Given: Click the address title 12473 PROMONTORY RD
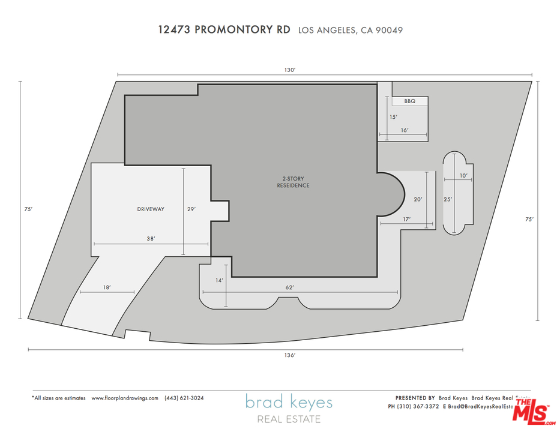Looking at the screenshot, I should point(224,29).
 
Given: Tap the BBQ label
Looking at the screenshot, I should point(409,101).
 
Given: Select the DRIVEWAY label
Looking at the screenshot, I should point(150,209).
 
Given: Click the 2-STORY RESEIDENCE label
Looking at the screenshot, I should point(292,182).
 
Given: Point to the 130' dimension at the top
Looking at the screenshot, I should point(290,70).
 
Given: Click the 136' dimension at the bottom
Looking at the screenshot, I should point(290,355).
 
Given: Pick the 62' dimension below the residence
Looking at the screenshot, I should point(289,287).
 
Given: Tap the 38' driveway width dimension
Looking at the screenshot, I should point(151,239).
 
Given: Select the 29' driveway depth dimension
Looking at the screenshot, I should point(191,209).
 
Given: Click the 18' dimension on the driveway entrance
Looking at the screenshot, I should point(106,288).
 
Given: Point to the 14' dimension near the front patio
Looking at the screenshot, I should point(219,280).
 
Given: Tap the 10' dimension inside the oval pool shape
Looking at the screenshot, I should point(463,176).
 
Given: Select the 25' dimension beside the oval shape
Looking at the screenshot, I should point(447,199).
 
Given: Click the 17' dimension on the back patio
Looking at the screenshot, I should point(406,220).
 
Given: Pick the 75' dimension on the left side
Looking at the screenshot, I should point(28,209).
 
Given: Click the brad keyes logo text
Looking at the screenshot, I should point(288,402).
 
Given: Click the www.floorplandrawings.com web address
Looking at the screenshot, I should point(125,398).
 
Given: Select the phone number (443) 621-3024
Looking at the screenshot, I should point(184,398).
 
